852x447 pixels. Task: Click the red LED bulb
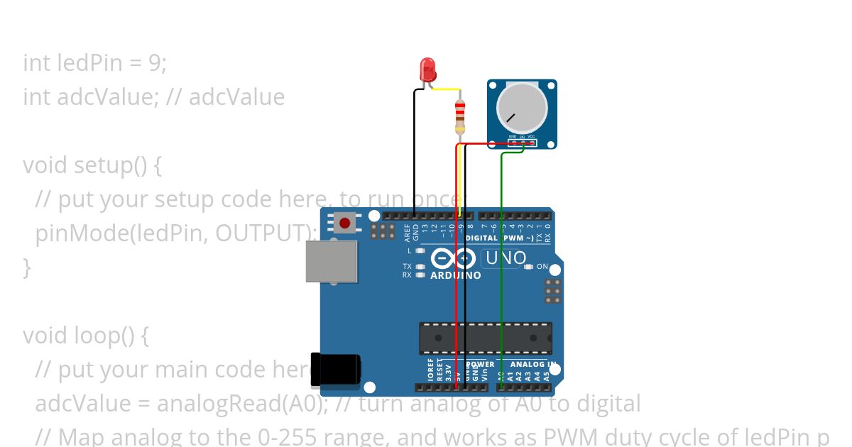click(427, 69)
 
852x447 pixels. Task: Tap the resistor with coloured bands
click(460, 115)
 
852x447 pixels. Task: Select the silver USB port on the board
click(332, 260)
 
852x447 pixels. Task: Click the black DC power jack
click(335, 370)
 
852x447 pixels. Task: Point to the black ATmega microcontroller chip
click(486, 338)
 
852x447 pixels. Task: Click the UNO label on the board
click(506, 258)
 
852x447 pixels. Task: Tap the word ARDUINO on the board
click(456, 275)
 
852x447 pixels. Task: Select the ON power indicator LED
click(528, 267)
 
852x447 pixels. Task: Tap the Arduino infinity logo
click(452, 259)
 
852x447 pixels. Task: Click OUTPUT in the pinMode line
click(262, 233)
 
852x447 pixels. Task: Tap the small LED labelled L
click(420, 250)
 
